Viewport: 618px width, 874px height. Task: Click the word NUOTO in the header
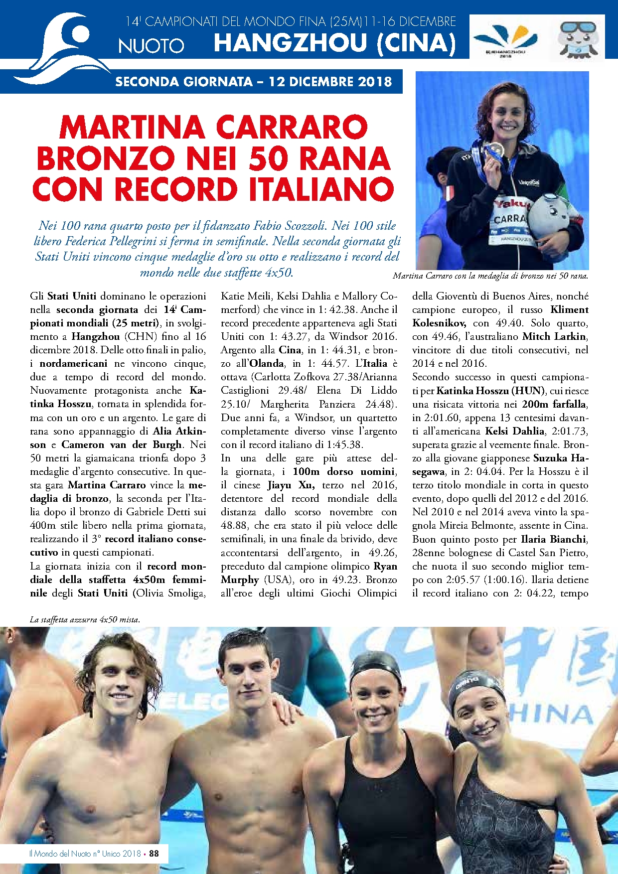click(151, 46)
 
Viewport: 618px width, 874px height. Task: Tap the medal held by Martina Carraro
click(494, 148)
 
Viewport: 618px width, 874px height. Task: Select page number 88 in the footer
click(154, 853)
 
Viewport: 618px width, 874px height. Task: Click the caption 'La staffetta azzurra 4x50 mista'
click(85, 620)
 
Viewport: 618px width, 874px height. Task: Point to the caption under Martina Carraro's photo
click(490, 276)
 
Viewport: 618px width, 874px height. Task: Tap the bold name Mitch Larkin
click(555, 336)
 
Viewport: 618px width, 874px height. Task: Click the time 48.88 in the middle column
click(232, 525)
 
